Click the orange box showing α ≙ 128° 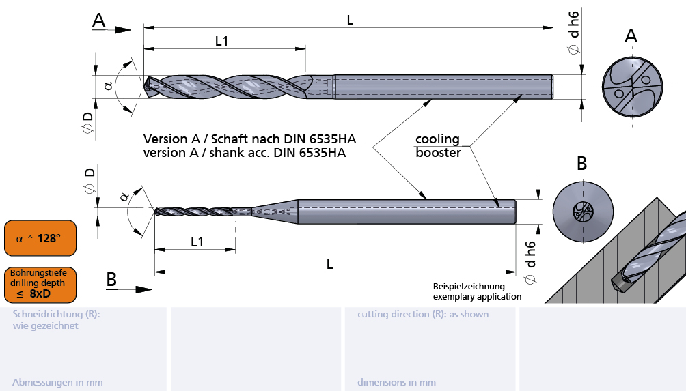point(40,238)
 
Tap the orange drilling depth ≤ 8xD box point(40,284)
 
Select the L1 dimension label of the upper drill point(221,41)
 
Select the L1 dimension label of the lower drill point(197,242)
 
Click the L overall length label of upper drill point(350,20)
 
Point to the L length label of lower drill point(330,265)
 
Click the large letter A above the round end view point(631,36)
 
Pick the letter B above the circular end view point(581,164)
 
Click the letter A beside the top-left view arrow point(99,21)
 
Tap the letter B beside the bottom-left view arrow point(111,279)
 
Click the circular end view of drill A point(631,87)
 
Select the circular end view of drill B point(581,212)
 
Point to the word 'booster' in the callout point(438,153)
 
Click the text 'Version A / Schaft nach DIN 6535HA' point(249,139)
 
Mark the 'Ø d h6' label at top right point(574,32)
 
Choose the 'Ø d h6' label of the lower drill point(531,262)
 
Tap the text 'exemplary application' point(477,296)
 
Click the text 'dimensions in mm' point(396,383)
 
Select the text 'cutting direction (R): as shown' point(423,315)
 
